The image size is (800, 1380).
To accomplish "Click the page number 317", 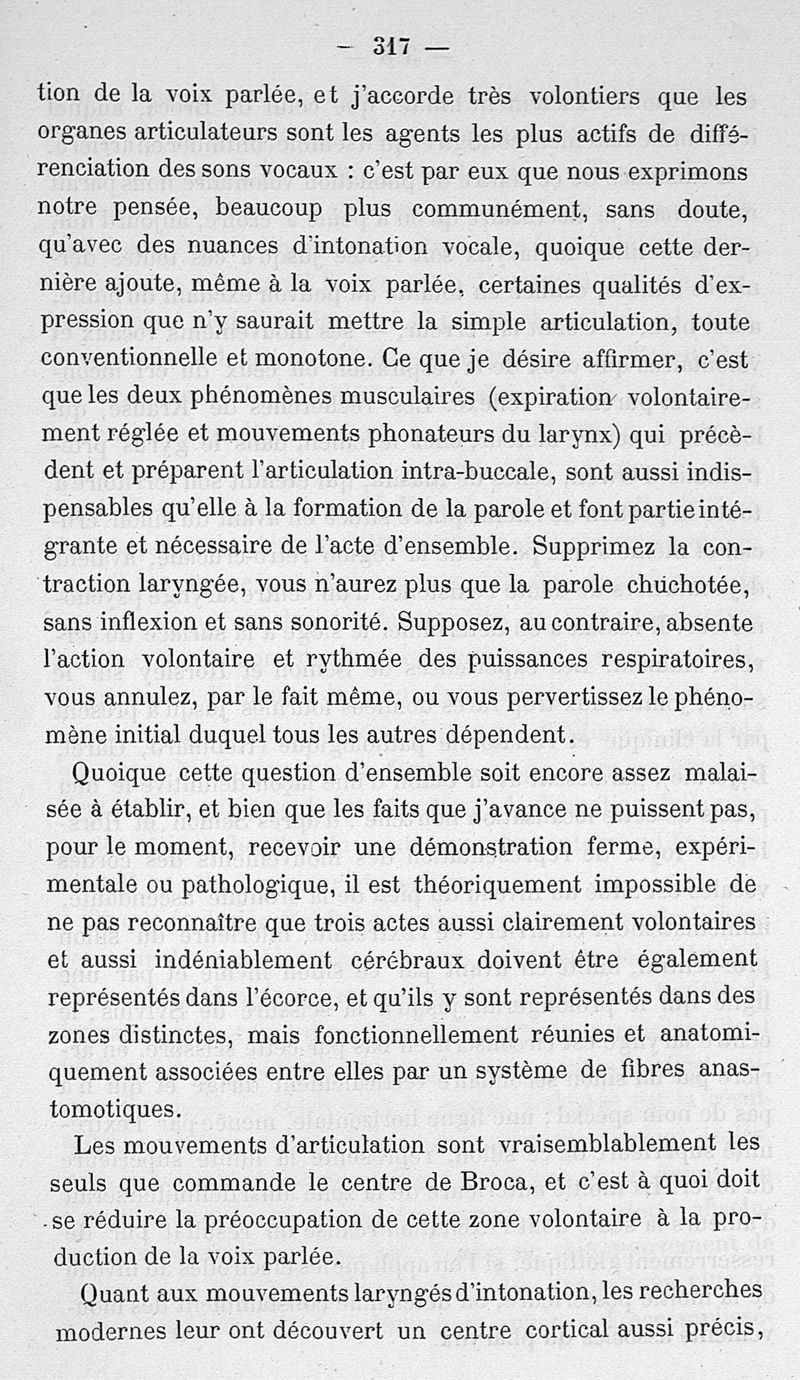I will tap(392, 46).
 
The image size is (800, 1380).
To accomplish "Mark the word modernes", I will tap(108, 1330).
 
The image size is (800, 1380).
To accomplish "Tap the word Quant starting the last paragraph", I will tap(108, 1291).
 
